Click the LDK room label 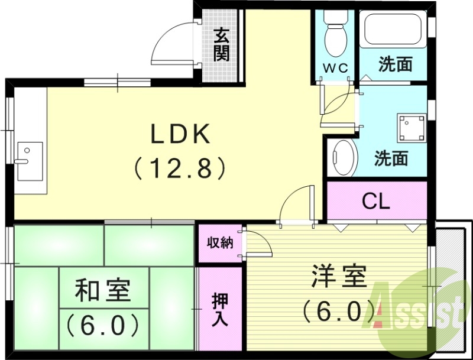[x=180, y=135]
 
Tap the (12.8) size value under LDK [x=180, y=169]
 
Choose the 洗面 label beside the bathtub [x=395, y=64]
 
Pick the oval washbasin [x=342, y=157]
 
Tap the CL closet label [x=376, y=202]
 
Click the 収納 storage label [x=219, y=243]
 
